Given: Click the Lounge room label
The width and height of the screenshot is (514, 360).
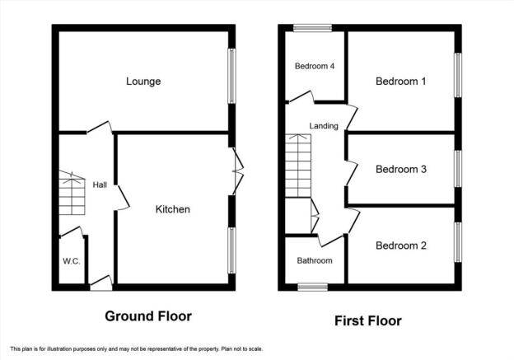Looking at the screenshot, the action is (143, 82).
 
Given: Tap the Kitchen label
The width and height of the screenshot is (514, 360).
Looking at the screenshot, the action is (172, 209).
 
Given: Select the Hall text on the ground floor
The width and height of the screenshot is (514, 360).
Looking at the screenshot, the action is (100, 185).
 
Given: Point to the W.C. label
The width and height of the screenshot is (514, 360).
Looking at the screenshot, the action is (72, 261).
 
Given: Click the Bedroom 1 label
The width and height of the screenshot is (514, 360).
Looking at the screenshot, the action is (401, 81).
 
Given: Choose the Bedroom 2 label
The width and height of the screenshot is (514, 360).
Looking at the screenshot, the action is (401, 245).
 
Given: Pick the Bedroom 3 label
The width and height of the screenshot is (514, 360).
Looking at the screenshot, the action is (401, 169).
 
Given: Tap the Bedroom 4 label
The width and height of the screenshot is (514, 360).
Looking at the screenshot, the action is (315, 66).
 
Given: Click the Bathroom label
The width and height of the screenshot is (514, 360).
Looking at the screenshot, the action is (315, 260).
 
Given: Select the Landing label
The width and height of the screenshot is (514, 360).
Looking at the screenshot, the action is (324, 126).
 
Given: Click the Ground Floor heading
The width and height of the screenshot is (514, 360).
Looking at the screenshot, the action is (148, 316).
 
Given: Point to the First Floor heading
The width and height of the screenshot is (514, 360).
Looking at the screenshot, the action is (368, 320).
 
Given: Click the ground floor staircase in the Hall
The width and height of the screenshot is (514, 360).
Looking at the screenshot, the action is (72, 193).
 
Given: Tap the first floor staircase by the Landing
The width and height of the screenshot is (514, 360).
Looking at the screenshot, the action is (298, 166).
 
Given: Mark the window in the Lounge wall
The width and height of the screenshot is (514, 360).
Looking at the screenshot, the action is (231, 76).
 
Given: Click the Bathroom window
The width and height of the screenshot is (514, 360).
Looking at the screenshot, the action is (312, 288).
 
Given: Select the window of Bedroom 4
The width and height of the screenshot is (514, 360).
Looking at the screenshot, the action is (312, 28).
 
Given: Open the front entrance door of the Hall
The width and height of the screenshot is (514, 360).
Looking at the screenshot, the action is (101, 283).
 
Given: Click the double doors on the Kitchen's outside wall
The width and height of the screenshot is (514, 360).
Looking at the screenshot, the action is (238, 171).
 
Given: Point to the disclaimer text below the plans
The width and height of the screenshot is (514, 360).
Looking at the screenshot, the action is (137, 349).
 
